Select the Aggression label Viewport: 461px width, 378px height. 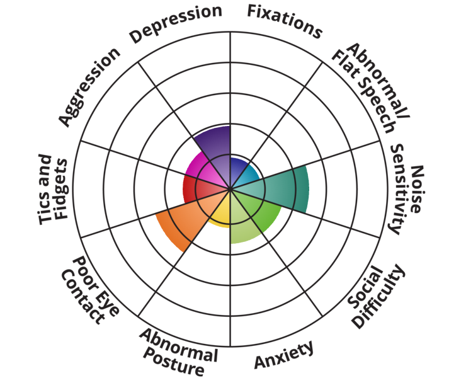click(89, 86)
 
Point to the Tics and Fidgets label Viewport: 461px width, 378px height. click(52, 188)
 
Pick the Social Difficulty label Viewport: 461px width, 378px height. click(377, 296)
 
